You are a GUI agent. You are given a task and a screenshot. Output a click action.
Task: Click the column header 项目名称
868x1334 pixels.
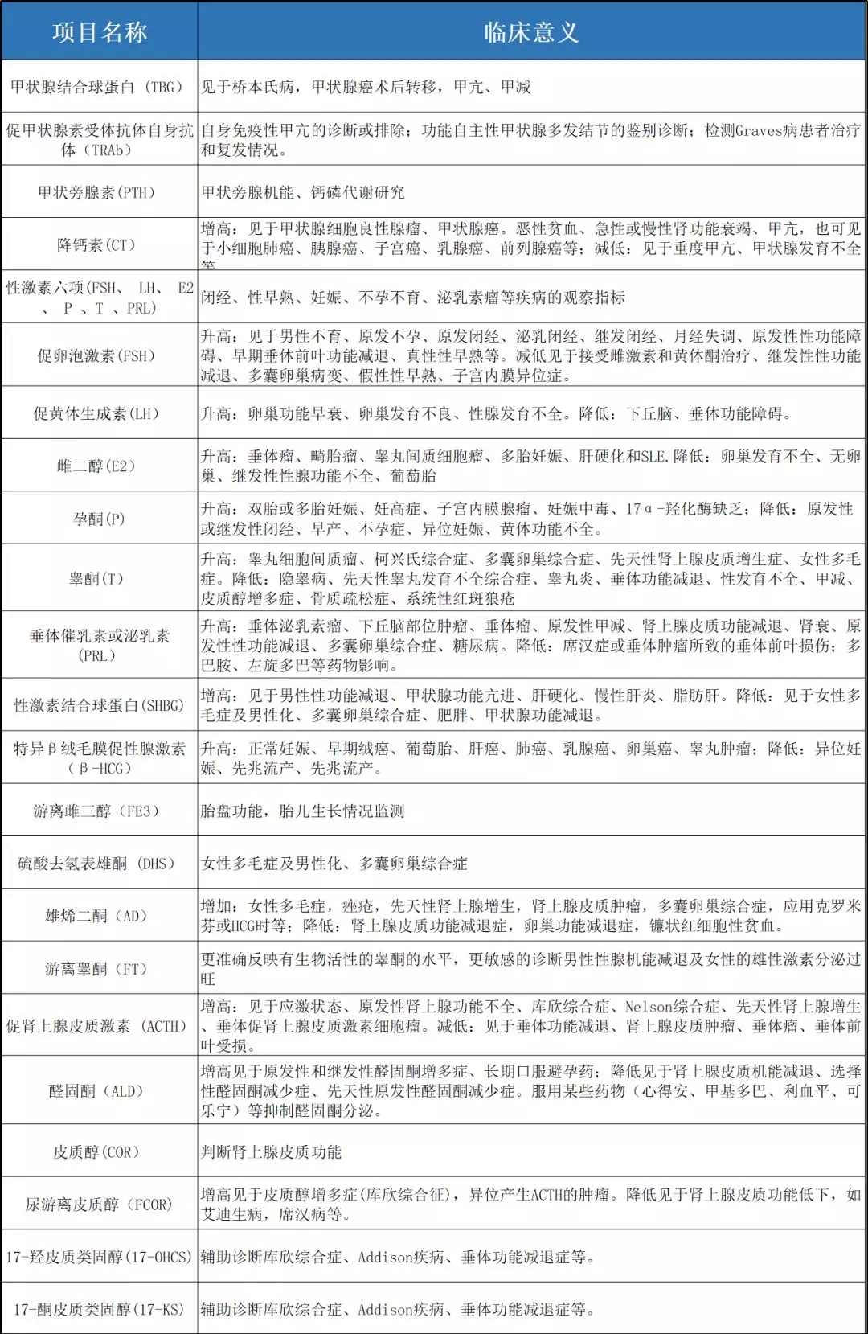point(100,32)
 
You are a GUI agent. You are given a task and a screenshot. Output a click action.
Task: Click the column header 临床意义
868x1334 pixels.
point(531,32)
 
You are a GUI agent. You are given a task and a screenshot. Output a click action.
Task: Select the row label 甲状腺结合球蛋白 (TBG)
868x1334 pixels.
point(96,87)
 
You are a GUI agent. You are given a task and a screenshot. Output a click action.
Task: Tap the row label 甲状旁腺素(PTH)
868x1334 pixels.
point(96,192)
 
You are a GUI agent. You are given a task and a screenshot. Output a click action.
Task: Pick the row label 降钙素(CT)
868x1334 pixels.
point(96,244)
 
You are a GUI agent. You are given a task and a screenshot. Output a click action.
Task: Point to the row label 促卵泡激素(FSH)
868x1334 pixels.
point(96,355)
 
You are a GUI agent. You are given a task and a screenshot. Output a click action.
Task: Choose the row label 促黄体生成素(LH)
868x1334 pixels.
point(96,413)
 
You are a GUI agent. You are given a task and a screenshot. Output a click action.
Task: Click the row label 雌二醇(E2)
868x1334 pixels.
point(96,466)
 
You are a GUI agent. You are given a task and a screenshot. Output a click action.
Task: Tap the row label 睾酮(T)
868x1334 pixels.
point(96,578)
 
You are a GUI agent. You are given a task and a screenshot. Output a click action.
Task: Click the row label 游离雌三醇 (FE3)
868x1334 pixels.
point(96,811)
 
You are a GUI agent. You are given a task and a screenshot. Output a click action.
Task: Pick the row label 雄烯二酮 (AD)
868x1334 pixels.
point(96,916)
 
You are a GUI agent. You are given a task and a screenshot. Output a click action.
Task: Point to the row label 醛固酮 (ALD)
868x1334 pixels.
point(96,1091)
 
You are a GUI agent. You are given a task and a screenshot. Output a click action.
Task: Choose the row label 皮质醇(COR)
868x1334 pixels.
point(96,1151)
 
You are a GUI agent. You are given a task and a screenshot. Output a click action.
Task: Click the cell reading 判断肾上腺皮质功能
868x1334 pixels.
point(272,1151)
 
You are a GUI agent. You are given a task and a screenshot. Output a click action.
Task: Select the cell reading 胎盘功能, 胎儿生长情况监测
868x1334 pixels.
point(303,811)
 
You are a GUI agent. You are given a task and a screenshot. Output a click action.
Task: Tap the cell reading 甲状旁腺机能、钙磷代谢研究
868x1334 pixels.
point(303,192)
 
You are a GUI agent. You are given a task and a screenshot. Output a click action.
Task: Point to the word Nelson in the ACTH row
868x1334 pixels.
point(648,1007)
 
